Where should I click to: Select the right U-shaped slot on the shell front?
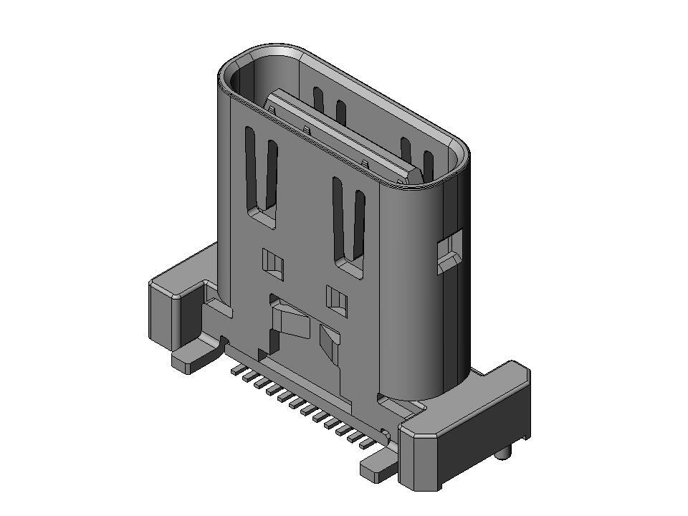pos(349,222)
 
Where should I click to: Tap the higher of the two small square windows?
pos(272,263)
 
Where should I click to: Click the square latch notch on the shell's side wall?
pos(449,252)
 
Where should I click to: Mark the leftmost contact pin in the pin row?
pos(235,371)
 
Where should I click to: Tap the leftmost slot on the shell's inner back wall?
pos(317,99)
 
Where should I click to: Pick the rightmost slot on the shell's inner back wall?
pos(429,164)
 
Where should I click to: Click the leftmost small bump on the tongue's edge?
pos(272,108)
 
